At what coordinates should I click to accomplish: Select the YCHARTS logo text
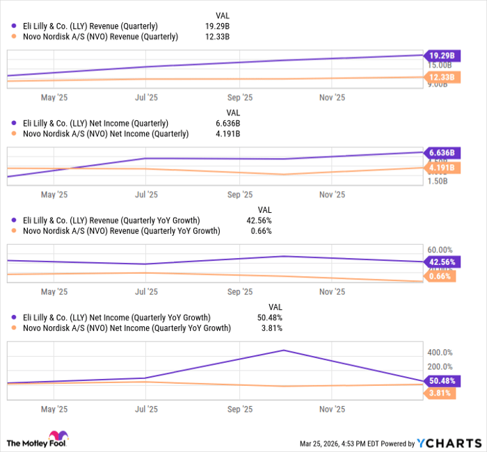click(x=449, y=443)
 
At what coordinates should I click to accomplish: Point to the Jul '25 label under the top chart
click(x=146, y=97)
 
